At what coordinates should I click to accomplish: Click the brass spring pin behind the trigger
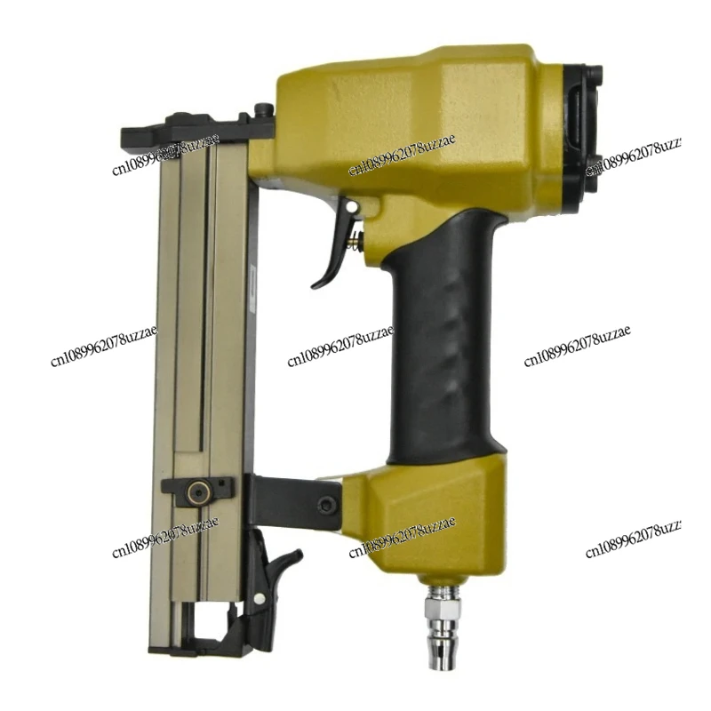tap(358, 238)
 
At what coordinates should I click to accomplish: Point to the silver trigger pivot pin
tap(353, 208)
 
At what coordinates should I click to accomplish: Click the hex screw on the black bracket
tap(328, 505)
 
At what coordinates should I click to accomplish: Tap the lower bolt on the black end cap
tap(594, 164)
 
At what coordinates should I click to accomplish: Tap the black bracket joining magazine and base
tap(293, 503)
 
